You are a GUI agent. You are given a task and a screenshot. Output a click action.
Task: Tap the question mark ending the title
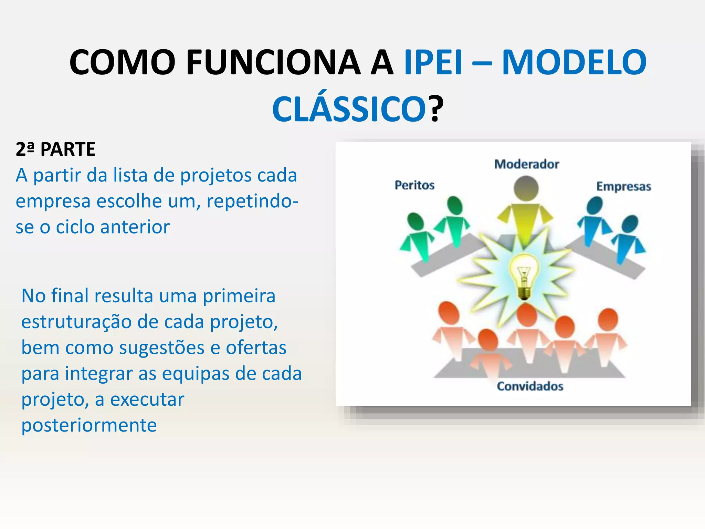point(436,109)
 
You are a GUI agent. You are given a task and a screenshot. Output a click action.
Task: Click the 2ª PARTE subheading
point(55,149)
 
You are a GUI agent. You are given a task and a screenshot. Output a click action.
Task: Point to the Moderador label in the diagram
point(526,164)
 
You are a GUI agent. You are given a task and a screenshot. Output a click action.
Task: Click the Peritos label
point(414,185)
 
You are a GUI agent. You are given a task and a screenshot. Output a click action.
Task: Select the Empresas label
point(623,186)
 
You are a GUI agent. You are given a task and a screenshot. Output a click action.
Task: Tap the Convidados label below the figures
point(530,386)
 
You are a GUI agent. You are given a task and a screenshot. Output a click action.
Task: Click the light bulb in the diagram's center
point(524,276)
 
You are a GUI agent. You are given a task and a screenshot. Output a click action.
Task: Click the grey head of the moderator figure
point(526,188)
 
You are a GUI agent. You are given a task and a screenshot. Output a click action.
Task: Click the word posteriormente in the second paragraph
point(89,425)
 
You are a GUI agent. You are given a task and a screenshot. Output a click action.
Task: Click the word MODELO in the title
point(574,62)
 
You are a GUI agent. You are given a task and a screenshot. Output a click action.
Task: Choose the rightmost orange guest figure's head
point(608,319)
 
